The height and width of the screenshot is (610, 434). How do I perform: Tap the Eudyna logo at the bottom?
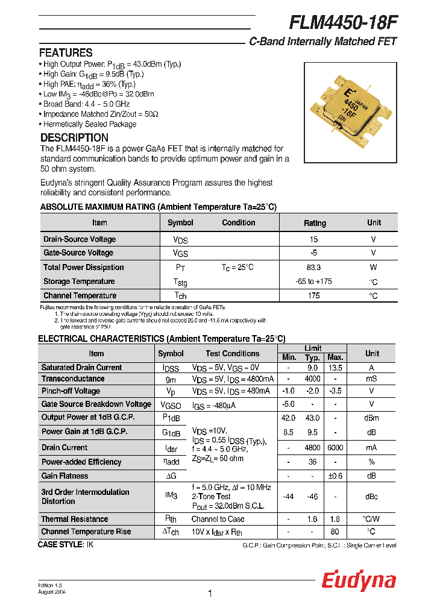pos(358,580)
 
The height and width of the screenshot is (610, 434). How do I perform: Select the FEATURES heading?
pos(66,52)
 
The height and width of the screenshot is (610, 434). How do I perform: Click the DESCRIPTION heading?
pos(74,137)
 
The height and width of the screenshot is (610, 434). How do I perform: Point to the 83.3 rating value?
pos(313,267)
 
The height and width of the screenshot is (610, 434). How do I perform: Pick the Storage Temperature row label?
pos(79,281)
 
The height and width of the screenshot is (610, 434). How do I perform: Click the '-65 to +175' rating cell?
pos(313,281)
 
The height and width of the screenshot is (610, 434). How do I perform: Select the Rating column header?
pos(315,223)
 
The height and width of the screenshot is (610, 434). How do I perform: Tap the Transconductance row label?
pos(72,379)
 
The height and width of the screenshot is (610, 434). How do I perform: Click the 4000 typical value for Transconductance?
pos(312,379)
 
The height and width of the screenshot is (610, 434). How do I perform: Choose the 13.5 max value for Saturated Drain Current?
pos(335,368)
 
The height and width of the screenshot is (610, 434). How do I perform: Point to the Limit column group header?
pos(312,348)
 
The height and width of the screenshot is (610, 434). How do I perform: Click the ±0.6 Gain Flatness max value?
pos(335,476)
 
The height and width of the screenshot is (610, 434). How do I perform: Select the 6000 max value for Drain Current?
pos(335,448)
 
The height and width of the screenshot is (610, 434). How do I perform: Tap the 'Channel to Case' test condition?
pos(218,519)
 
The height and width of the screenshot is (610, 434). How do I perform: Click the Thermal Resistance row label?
pos(75,519)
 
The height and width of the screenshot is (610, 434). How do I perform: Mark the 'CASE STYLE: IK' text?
pos(66,544)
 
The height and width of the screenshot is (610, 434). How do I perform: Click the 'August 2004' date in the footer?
pos(52,592)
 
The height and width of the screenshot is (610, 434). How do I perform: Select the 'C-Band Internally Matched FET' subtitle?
pos(322,42)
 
